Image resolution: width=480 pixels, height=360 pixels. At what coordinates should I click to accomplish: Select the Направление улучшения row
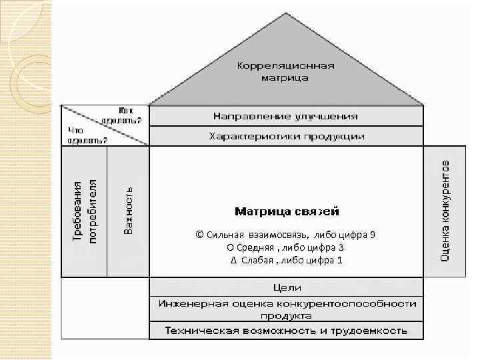pos(285,116)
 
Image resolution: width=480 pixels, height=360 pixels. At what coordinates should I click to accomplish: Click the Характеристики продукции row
pos(287,136)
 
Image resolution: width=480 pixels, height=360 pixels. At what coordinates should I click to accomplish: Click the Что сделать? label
pos(87,135)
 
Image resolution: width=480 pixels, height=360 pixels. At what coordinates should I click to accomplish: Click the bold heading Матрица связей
pos(287,212)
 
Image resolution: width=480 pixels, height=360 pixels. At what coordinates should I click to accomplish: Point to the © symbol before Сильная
pos(199,235)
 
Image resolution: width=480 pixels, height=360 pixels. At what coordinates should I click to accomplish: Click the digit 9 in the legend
pos(372,235)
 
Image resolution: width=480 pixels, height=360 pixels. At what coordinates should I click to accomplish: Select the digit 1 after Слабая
pos(339,260)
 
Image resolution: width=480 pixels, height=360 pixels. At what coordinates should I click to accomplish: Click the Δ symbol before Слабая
pos(233,260)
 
